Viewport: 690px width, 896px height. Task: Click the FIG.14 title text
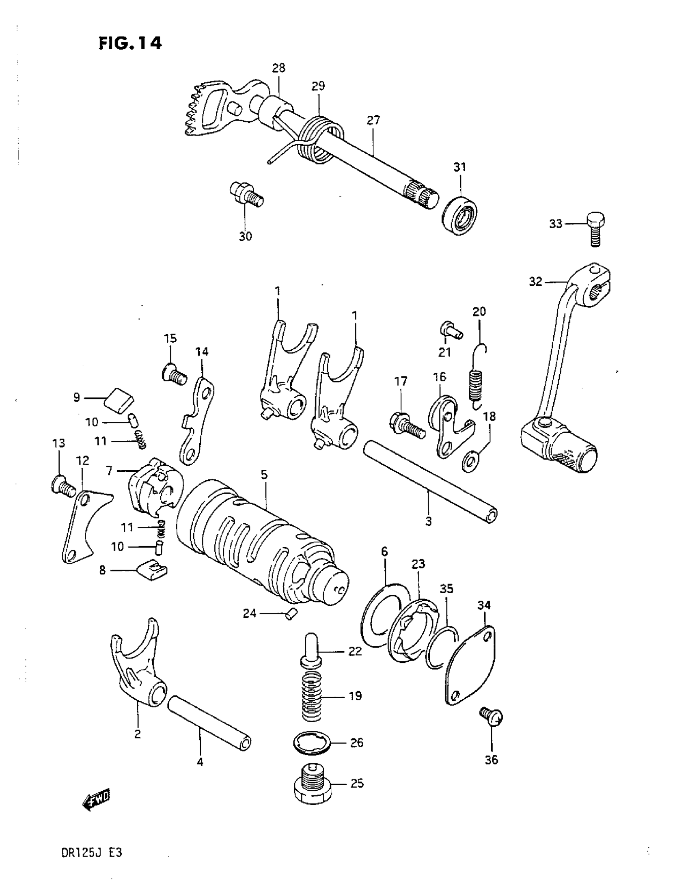pyautogui.click(x=130, y=43)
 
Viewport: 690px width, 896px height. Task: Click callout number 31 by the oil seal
pyautogui.click(x=460, y=167)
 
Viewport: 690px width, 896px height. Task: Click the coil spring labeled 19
pyautogui.click(x=312, y=697)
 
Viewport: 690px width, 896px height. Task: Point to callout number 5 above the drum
pyautogui.click(x=264, y=475)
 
